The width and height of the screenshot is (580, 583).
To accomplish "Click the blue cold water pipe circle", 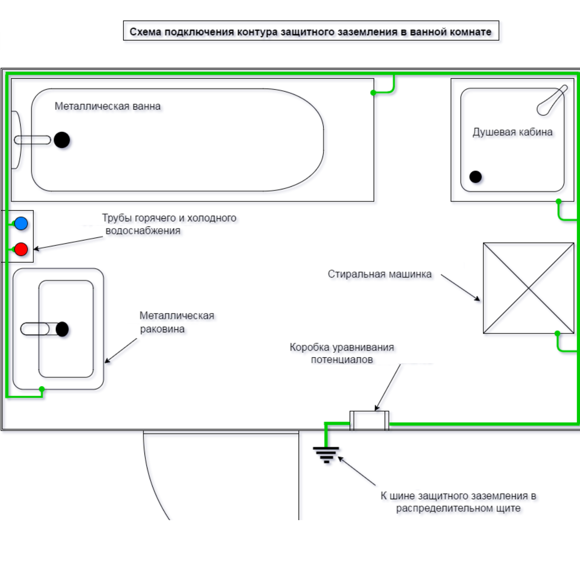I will coord(21,223).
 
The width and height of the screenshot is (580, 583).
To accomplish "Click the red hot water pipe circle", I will coord(21,249).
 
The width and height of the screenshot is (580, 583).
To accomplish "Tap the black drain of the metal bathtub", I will coord(62,140).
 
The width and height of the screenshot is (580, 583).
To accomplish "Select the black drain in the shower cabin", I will coord(476,177).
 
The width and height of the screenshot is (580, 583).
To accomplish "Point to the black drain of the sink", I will coord(62,329).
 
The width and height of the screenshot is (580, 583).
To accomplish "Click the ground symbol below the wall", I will coord(326,454).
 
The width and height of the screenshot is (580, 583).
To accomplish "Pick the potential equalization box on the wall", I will coord(369,421).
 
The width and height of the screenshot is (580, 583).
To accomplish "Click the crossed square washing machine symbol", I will coord(529,288).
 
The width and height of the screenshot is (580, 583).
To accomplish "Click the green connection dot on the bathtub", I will coord(373,93).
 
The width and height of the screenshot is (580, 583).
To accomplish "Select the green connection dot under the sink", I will coord(42,389).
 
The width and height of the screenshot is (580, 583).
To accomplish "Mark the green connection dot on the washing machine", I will coord(558,333).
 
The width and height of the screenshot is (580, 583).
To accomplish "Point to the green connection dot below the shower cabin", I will coord(559,201).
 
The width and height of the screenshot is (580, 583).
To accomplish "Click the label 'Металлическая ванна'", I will coord(107,106).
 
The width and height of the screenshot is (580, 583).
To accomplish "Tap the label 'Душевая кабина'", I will coord(512,132).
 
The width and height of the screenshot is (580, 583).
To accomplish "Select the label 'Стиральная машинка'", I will coord(380,274).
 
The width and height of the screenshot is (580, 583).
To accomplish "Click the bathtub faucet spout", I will coord(32,140).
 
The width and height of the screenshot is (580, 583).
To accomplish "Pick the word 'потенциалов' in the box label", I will coord(342,360).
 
